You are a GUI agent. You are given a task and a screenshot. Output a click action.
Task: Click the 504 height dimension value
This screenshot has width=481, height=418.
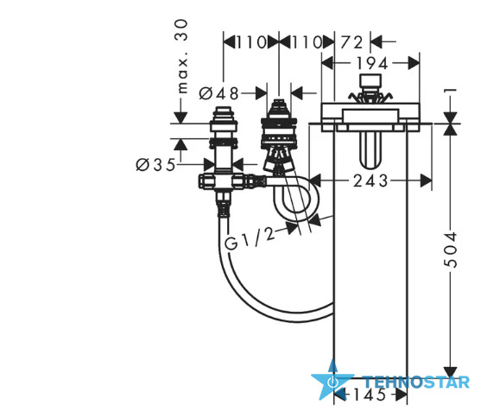pyautogui.click(x=451, y=250)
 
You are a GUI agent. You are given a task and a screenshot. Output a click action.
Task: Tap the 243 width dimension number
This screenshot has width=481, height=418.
pyautogui.click(x=370, y=180)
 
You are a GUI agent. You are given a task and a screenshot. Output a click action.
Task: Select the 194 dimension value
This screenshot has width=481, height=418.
pyautogui.click(x=372, y=64)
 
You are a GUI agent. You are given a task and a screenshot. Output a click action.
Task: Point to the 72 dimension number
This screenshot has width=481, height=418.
pyautogui.click(x=351, y=42)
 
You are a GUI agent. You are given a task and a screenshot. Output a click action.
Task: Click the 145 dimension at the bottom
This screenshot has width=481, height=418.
pyautogui.click(x=370, y=395)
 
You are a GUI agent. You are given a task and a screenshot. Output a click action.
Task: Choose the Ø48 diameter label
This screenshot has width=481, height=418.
pyautogui.click(x=218, y=93)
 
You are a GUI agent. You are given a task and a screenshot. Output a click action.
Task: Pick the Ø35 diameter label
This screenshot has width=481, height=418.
pyautogui.click(x=155, y=165)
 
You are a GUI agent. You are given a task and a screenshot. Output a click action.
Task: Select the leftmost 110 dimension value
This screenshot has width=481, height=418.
pyautogui.click(x=251, y=42)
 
